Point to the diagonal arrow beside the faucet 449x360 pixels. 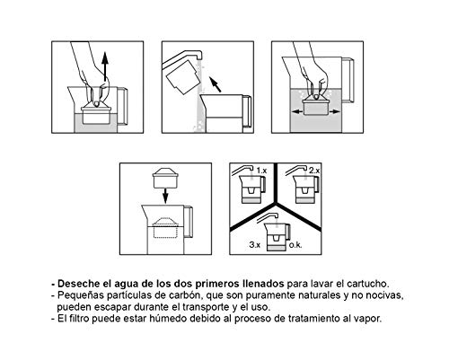[214, 86]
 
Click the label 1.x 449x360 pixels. [262, 170]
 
